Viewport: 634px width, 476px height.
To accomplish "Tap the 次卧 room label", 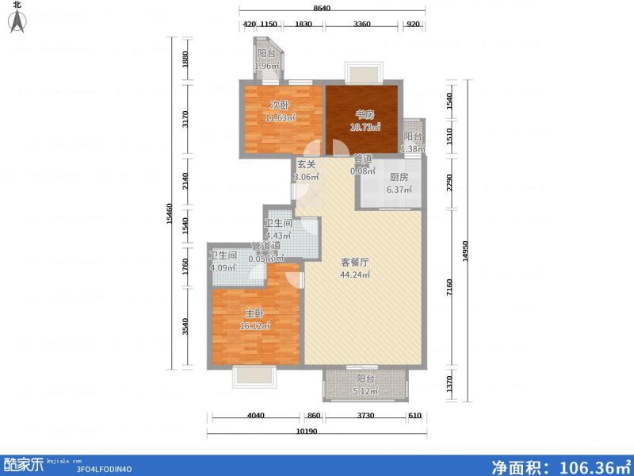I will click(x=278, y=105).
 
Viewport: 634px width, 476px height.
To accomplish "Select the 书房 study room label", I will click(x=364, y=114).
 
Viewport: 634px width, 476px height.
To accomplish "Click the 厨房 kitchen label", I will click(x=399, y=178).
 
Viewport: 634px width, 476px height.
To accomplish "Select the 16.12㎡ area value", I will click(x=256, y=325).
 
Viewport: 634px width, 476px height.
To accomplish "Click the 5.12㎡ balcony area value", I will click(x=365, y=391).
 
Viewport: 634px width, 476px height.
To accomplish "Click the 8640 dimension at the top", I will click(x=321, y=7).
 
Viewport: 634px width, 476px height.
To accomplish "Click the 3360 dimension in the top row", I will click(x=361, y=25).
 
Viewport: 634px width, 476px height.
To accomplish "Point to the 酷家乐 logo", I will click(x=23, y=465).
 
